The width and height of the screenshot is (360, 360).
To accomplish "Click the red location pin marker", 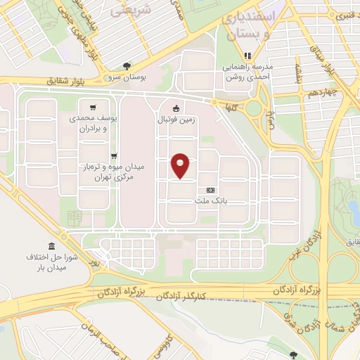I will click(x=181, y=165).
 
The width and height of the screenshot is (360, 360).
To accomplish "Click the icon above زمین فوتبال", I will click(x=176, y=109).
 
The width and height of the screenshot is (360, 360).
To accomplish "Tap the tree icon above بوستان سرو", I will click(x=126, y=65).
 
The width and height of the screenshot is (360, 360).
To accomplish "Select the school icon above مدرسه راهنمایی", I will click(x=247, y=56).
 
